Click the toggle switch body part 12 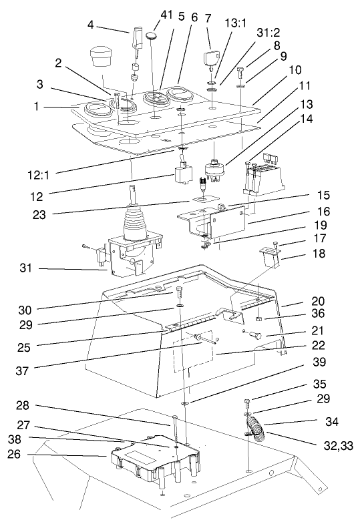click(180, 176)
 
